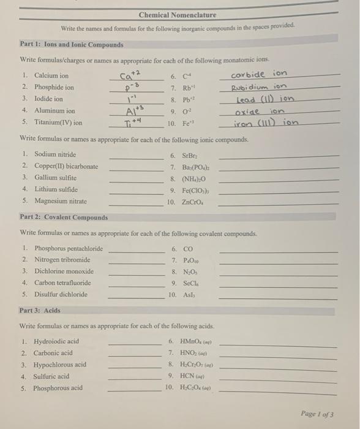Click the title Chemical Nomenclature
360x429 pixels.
[177, 15]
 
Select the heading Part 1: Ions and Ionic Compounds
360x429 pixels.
[72, 45]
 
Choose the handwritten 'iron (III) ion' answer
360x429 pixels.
[265, 123]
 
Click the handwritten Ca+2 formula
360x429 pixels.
[130, 75]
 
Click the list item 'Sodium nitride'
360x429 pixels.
[55, 154]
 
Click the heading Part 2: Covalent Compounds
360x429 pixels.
[64, 217]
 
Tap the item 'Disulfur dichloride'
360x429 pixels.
[61, 294]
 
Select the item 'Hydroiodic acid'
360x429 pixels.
[56, 341]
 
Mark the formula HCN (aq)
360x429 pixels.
[197, 376]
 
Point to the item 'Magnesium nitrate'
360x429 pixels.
[60, 201]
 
